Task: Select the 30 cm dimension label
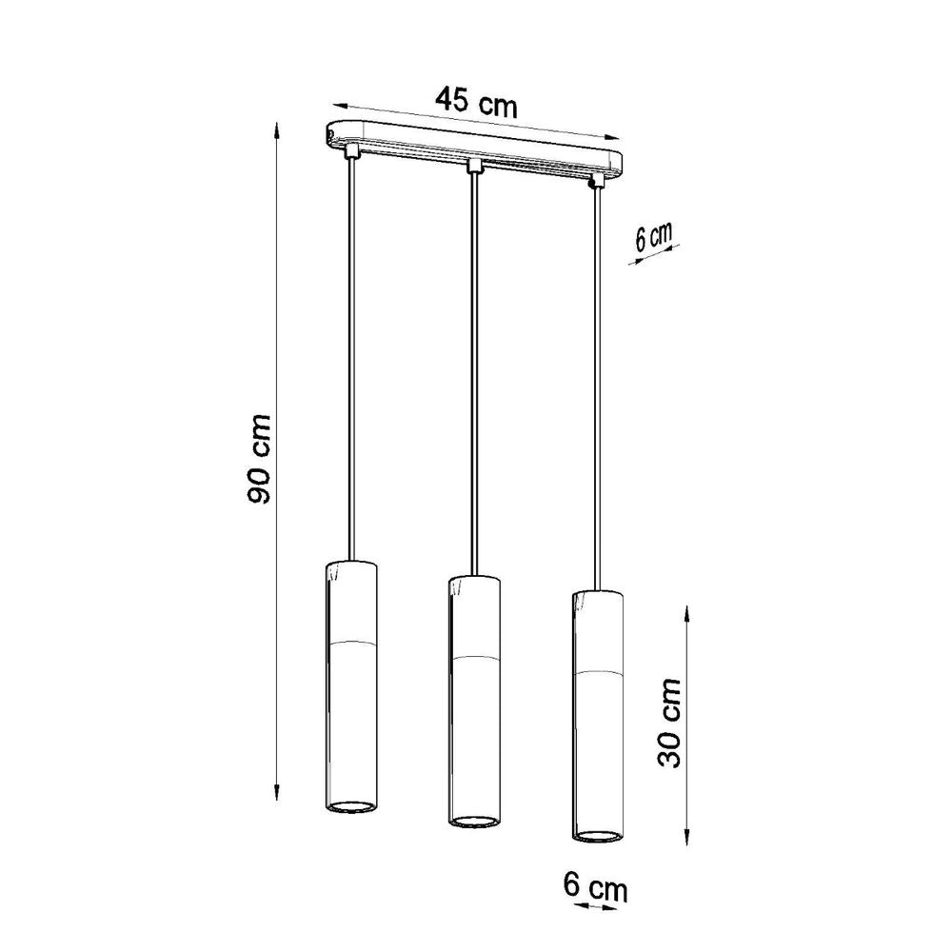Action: (x=671, y=723)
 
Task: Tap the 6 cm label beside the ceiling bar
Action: (x=654, y=237)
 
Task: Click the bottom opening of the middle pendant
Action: (x=473, y=820)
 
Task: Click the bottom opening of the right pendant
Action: (x=597, y=835)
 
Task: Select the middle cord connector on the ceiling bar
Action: (x=473, y=168)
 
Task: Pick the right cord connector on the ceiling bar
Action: (x=597, y=180)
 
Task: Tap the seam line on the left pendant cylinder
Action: (x=352, y=643)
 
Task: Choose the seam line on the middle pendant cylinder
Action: (x=473, y=658)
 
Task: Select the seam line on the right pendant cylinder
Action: (x=597, y=672)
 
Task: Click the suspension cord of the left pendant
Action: (x=353, y=362)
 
